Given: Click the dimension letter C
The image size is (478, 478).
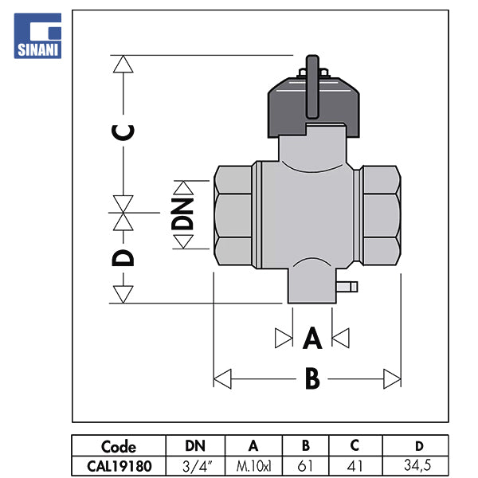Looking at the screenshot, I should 122,131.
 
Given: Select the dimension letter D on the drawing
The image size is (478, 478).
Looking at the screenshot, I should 122,257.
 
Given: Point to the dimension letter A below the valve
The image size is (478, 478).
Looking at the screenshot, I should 312,339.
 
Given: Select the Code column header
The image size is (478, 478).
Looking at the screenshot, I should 119,446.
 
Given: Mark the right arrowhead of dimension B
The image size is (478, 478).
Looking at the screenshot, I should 392,378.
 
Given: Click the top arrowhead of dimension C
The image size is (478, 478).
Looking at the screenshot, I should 122,64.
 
